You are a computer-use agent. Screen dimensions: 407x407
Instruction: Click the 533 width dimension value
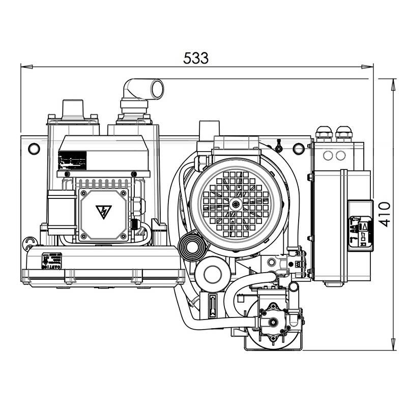click(x=196, y=59)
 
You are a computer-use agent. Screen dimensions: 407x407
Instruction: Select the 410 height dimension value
click(x=385, y=214)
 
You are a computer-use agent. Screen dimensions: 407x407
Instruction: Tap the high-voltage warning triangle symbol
click(x=103, y=212)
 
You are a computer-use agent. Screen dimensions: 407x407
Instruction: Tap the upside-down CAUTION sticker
click(x=51, y=260)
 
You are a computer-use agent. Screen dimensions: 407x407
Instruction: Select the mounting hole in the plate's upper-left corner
click(x=34, y=149)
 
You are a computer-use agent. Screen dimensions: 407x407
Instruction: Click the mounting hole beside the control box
click(x=299, y=148)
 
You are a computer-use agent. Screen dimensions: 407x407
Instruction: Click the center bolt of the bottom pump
click(x=273, y=321)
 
